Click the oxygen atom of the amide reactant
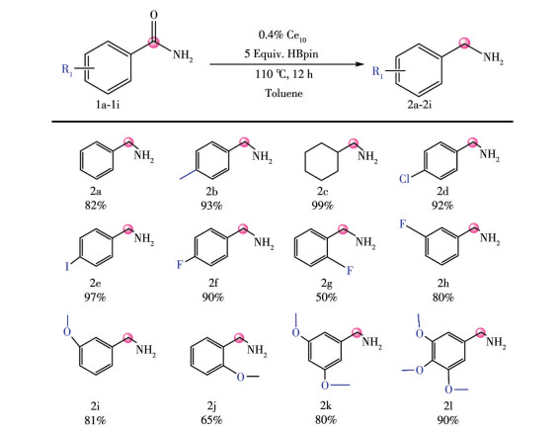pyautogui.click(x=153, y=15)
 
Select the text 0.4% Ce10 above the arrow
pyautogui.click(x=282, y=36)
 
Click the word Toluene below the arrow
pyautogui.click(x=283, y=93)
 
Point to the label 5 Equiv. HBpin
pyautogui.click(x=281, y=54)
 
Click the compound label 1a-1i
pyautogui.click(x=108, y=105)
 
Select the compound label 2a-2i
pyautogui.click(x=420, y=105)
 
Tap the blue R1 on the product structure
pyautogui.click(x=377, y=72)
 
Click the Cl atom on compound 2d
pyautogui.click(x=404, y=178)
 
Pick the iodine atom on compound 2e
pyautogui.click(x=67, y=266)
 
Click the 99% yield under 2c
pyautogui.click(x=322, y=206)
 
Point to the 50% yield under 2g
pyautogui.click(x=326, y=297)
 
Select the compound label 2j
pyautogui.click(x=211, y=406)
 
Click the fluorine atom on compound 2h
pyautogui.click(x=403, y=224)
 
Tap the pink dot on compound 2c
pyautogui.click(x=354, y=143)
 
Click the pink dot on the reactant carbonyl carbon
pyautogui.click(x=153, y=43)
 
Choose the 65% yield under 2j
pyautogui.click(x=211, y=420)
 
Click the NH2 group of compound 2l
pyautogui.click(x=496, y=343)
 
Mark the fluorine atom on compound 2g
pyautogui.click(x=350, y=270)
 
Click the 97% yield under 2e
pyautogui.click(x=95, y=297)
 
